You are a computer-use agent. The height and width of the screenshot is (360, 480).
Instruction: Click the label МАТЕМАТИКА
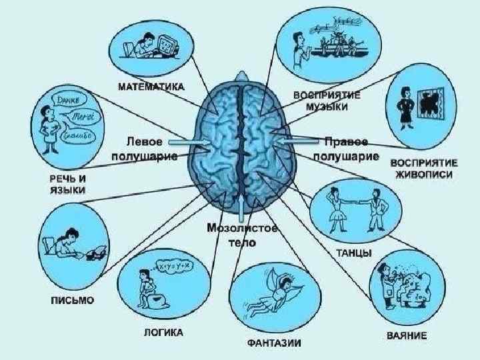point(151,86)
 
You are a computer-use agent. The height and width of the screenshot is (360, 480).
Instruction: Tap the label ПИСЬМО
point(73,300)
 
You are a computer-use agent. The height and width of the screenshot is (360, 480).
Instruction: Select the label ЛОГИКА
point(163,332)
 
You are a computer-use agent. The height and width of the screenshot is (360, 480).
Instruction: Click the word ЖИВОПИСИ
point(422,175)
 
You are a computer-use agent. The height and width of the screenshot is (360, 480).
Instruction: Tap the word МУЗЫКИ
point(327,106)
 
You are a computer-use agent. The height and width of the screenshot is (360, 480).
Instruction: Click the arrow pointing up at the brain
point(241,205)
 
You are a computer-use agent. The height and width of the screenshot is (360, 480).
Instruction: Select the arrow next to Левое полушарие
point(191,143)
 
